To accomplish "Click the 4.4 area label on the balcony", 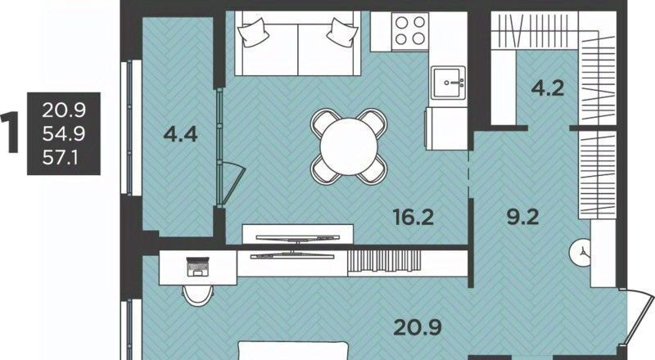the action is coord(180,134).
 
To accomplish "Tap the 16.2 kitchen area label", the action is coord(413,217).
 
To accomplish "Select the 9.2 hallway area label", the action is coord(522,217).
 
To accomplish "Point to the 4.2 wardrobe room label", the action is coord(548,88).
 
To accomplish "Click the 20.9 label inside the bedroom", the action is coord(418,327).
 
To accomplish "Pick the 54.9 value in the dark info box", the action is coord(64,133).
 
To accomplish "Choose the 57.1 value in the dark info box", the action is coord(60,158).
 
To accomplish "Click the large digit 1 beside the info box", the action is coord(10,133).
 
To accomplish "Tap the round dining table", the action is coord(349,146).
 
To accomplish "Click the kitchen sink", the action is coord(448,83).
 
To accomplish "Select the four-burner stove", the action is coord(410,31).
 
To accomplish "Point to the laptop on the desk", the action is coord(196,267).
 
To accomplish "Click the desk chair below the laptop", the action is coord(198,295).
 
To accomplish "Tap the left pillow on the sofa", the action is coord(253,32).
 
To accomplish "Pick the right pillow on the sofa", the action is coord(342,32).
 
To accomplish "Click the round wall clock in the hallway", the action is coord(580,251).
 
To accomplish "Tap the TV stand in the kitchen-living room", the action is coord(298,234).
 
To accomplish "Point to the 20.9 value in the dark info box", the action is coord(64,110).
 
